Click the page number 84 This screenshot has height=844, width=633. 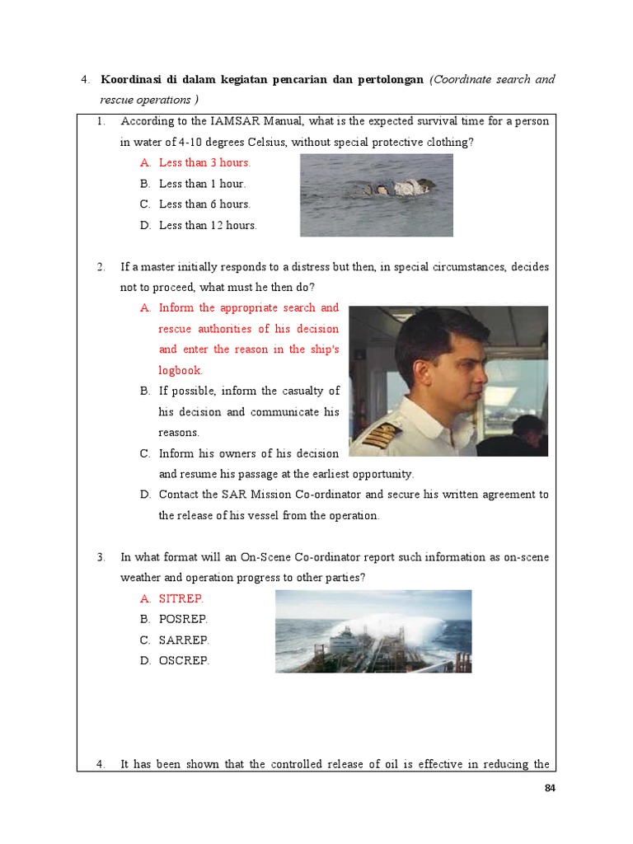click(x=551, y=788)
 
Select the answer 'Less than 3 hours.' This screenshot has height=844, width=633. click(x=204, y=163)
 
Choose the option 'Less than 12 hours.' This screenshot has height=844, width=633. click(x=208, y=225)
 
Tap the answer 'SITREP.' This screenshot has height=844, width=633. click(x=181, y=598)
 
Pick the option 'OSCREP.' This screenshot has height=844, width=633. click(x=184, y=660)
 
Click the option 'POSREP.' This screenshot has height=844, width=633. click(x=183, y=619)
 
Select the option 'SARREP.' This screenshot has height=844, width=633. click(x=184, y=640)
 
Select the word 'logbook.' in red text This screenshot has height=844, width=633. click(x=181, y=370)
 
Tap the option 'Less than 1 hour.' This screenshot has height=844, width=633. click(x=202, y=184)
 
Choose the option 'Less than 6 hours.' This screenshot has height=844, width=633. click(x=204, y=204)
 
